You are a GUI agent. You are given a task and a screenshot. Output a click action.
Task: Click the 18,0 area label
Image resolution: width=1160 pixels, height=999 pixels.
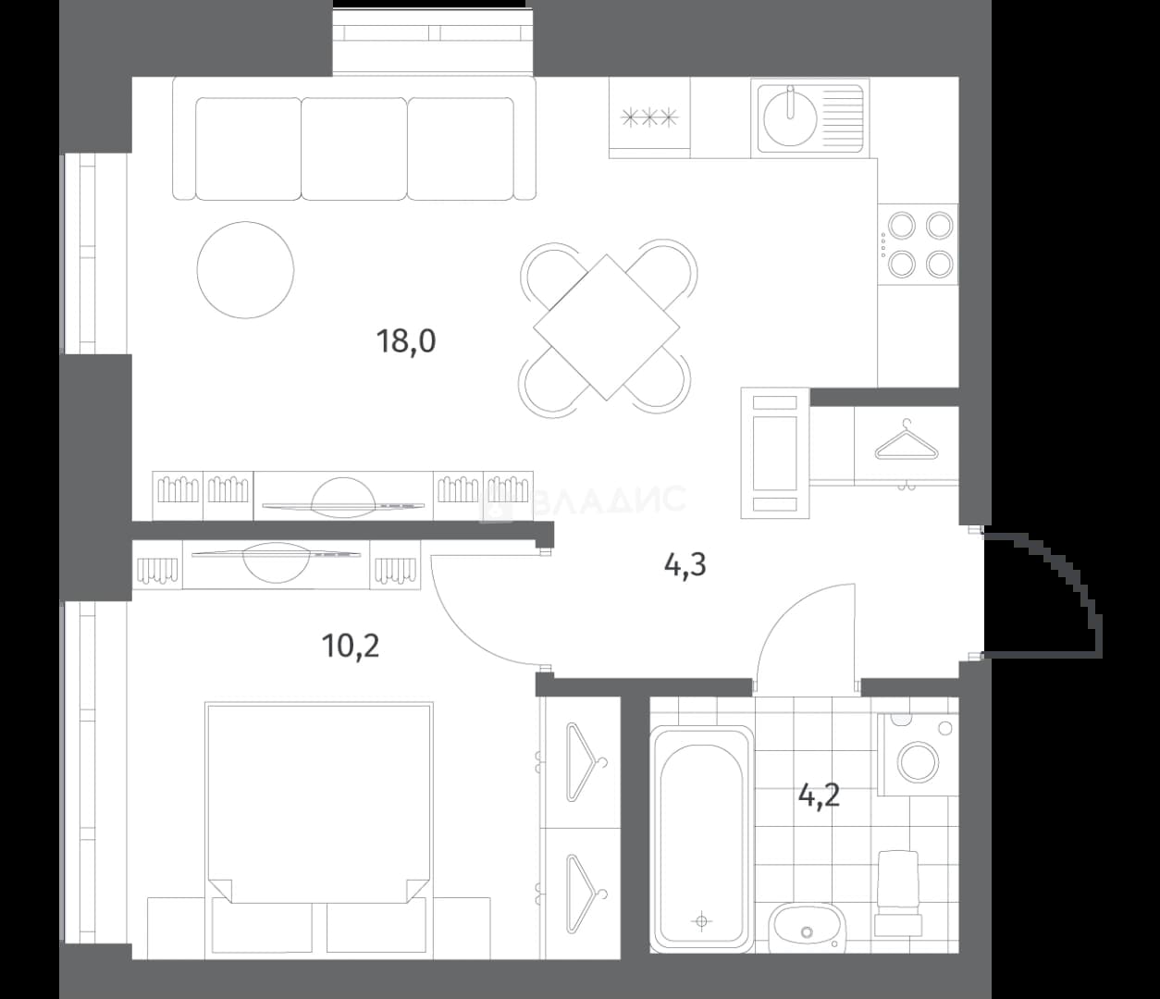point(406,342)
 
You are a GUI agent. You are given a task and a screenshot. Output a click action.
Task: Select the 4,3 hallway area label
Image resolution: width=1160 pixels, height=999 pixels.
point(685,564)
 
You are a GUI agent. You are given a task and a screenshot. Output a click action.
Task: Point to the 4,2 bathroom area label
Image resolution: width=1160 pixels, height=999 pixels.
point(819,795)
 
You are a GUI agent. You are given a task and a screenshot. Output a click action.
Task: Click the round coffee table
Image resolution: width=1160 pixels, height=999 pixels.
point(245,269)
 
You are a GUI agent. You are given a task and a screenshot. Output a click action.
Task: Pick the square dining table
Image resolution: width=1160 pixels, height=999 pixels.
point(606,327)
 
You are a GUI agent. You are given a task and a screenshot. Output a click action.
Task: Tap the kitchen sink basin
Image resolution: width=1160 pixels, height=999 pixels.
point(790,117)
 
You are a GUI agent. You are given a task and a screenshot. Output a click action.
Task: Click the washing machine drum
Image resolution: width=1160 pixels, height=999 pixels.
point(919,761)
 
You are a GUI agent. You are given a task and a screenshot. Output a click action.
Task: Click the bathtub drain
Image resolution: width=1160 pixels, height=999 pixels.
point(701,921)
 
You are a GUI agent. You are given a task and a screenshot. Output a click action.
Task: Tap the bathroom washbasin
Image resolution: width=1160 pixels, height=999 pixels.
point(807,929)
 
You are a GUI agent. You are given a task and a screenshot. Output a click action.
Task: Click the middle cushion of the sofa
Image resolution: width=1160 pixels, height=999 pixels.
point(354,149)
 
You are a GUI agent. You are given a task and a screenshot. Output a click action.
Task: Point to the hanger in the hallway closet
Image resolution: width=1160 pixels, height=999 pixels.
point(907,440)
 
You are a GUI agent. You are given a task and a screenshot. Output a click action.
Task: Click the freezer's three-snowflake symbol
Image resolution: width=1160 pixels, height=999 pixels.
point(649,117)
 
